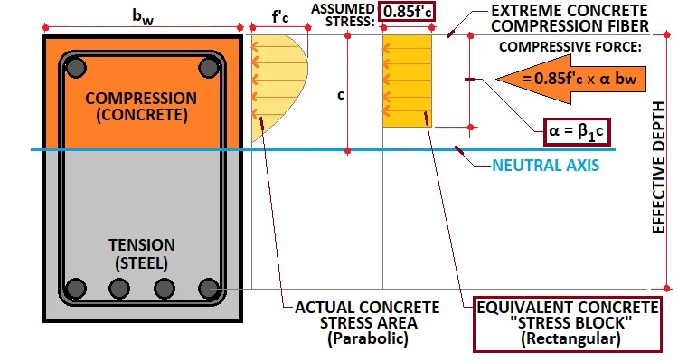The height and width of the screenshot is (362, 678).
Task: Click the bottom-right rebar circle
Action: click(210, 288)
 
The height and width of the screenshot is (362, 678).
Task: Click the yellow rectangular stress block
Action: click(407, 81)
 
